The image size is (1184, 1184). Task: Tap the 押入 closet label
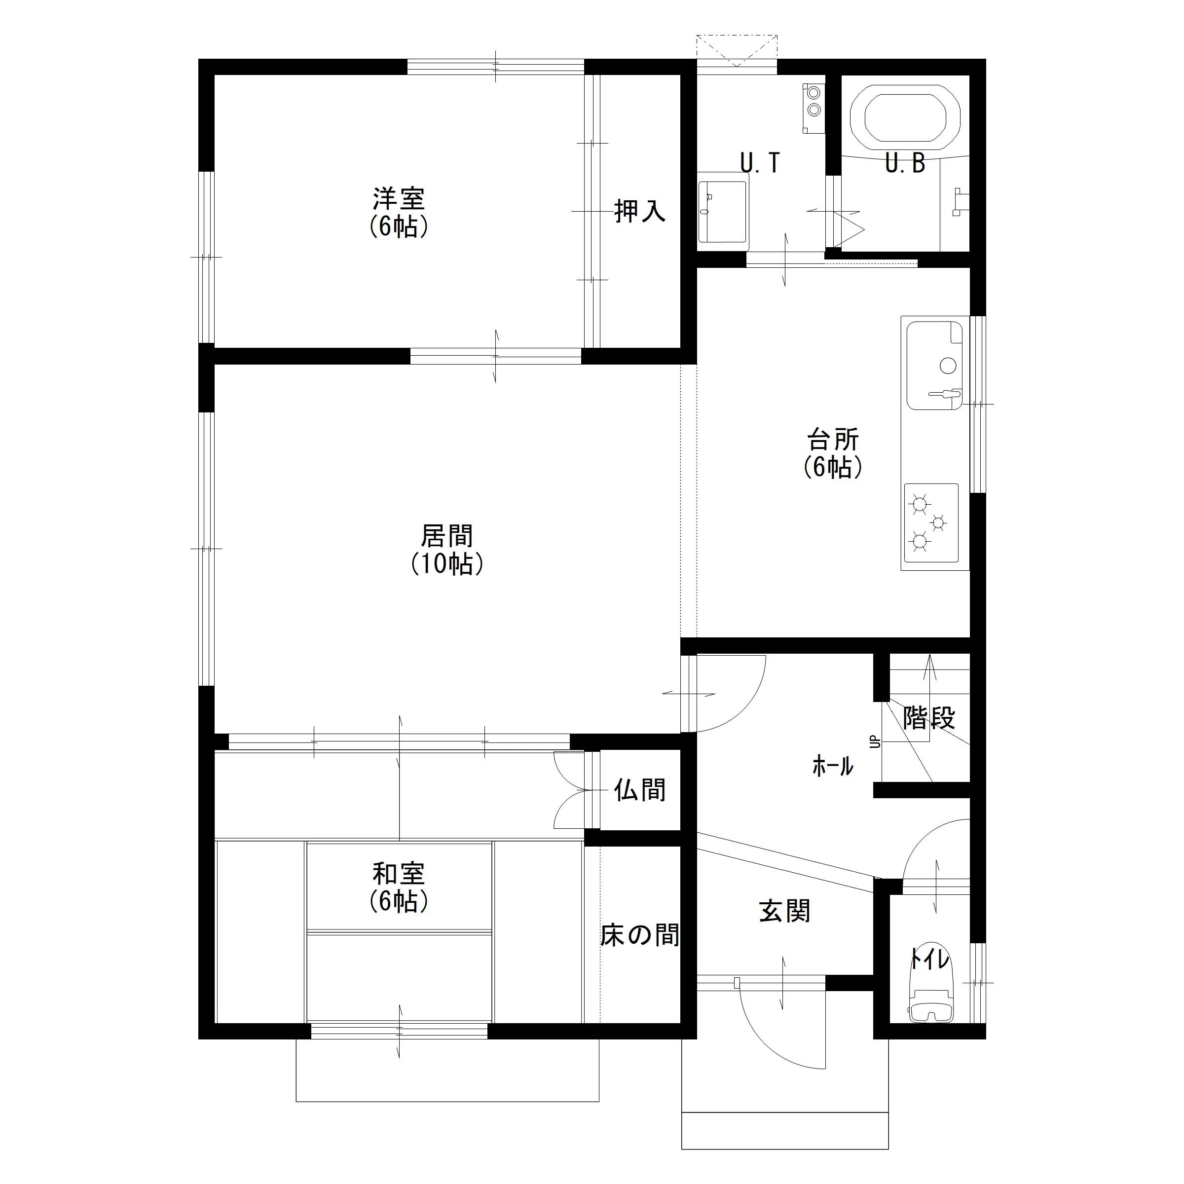click(640, 211)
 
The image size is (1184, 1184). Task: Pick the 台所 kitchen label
click(833, 440)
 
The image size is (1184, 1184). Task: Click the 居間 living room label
click(447, 536)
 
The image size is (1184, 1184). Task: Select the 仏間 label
click(640, 790)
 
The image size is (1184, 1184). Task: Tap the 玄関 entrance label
click(784, 911)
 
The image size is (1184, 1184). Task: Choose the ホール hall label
click(833, 766)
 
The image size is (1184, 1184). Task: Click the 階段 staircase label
click(929, 718)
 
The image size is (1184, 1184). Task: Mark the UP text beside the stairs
click(875, 741)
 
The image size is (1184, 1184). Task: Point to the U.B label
click(905, 163)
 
